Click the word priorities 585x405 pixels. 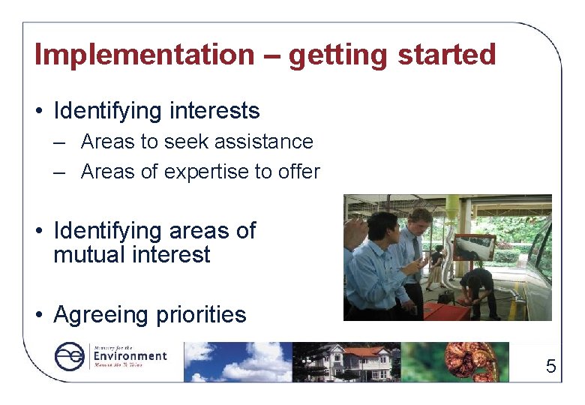point(200,315)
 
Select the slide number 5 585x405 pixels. point(550,367)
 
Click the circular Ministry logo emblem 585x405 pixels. point(70,357)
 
